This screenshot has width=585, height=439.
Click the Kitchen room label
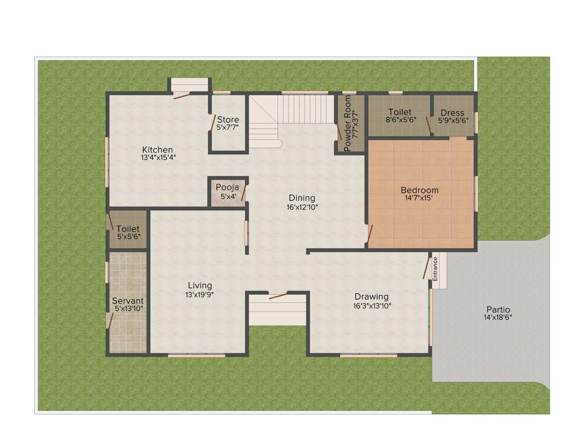click(x=158, y=150)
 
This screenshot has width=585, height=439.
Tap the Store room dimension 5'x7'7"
click(x=228, y=128)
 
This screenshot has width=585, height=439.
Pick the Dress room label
click(x=452, y=113)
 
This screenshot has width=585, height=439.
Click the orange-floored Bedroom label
click(x=419, y=190)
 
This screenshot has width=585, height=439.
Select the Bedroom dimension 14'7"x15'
click(x=419, y=198)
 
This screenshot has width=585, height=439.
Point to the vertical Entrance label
click(x=435, y=268)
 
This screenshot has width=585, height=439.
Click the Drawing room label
click(x=371, y=297)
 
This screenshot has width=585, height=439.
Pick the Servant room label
click(x=128, y=301)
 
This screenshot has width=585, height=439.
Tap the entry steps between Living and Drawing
click(x=278, y=312)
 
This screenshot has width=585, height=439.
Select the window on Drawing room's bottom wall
click(x=368, y=356)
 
